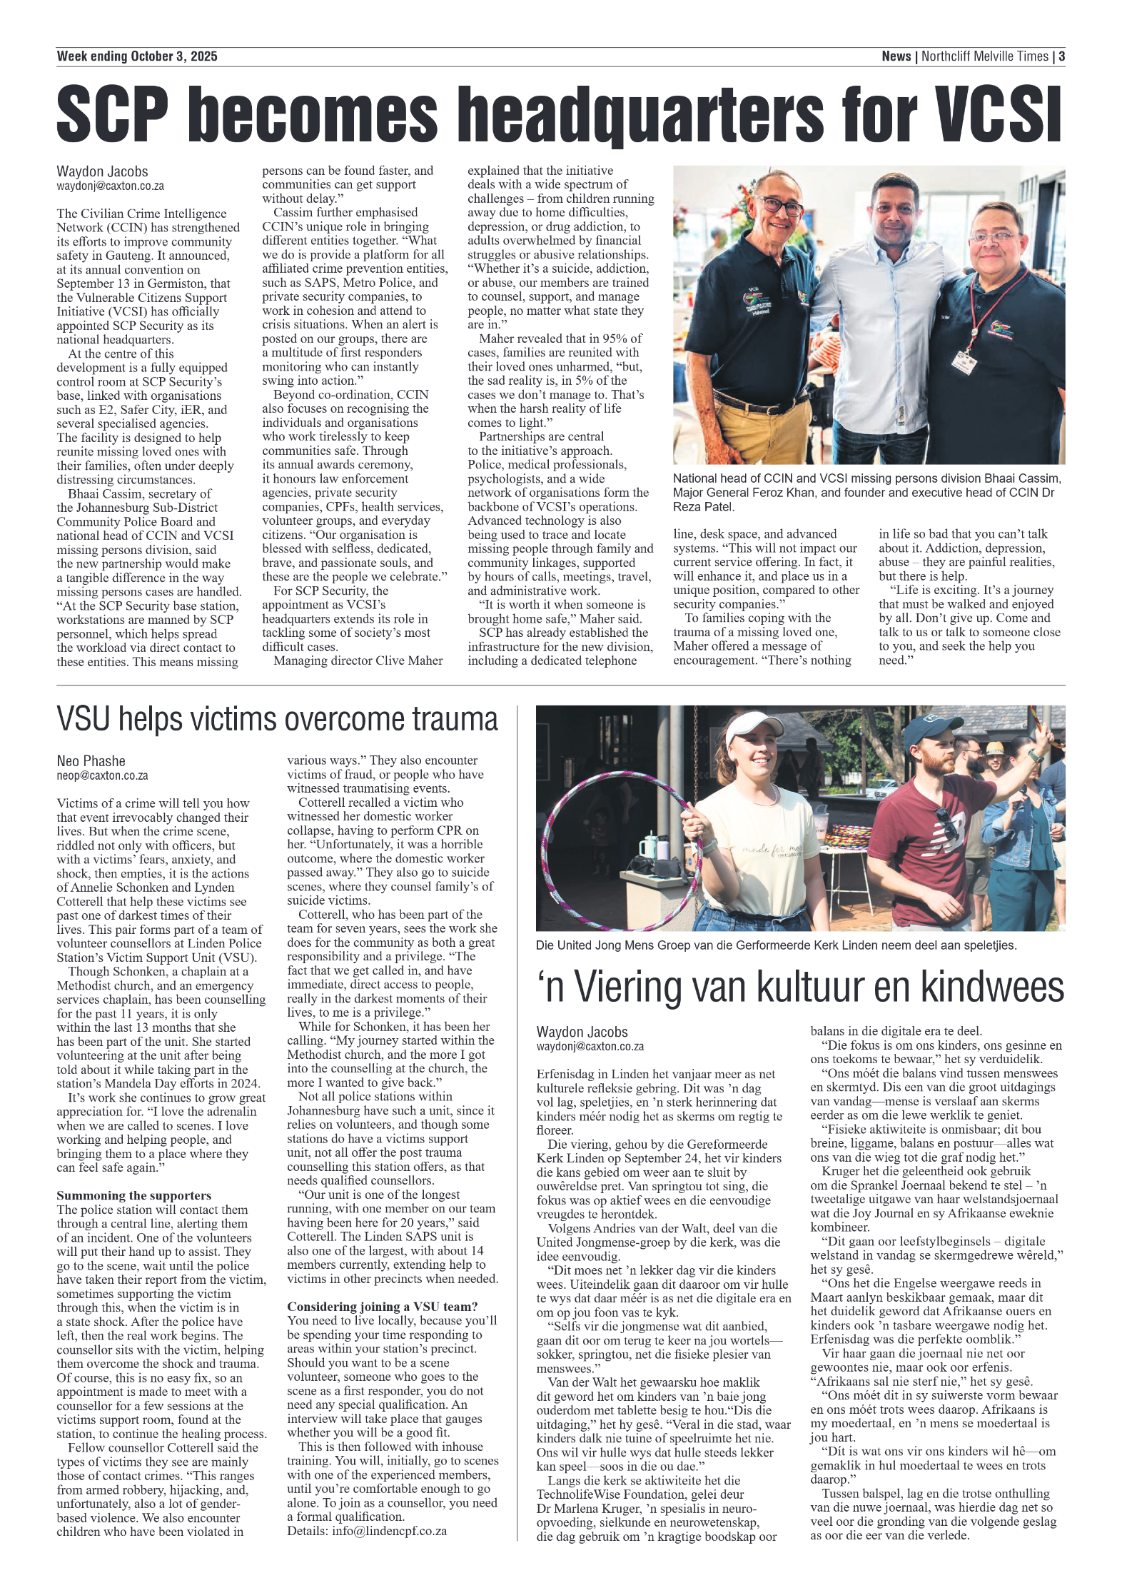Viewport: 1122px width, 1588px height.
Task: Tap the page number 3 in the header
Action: coord(1061,56)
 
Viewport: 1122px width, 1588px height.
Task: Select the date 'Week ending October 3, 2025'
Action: coord(137,56)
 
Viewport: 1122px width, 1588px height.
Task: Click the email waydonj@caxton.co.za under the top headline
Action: coord(111,186)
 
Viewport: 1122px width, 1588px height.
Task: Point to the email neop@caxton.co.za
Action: coord(103,775)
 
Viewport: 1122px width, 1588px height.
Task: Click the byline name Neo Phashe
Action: coord(91,761)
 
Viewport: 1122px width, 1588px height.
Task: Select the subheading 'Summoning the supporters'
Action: coord(134,1195)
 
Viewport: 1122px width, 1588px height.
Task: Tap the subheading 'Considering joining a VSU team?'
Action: coord(383,1307)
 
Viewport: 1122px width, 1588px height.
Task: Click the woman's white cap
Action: coord(753,728)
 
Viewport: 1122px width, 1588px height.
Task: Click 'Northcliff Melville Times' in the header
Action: coord(985,56)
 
